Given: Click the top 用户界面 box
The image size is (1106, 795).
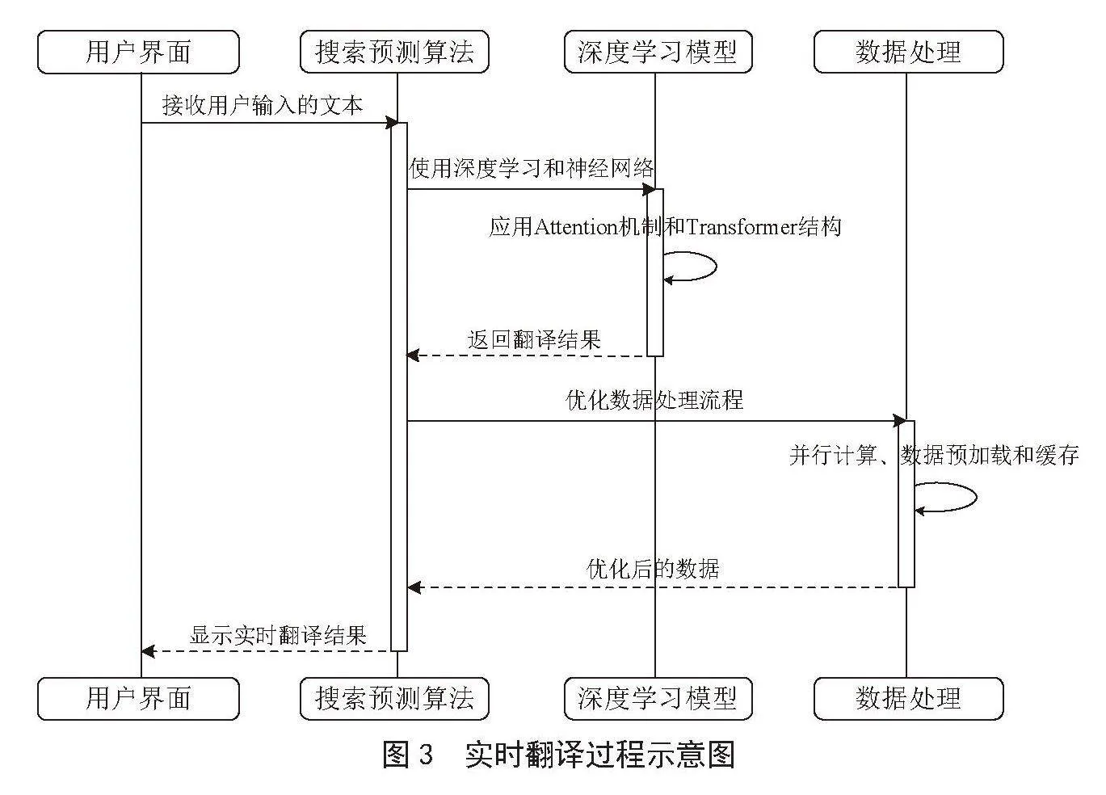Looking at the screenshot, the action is (x=138, y=52).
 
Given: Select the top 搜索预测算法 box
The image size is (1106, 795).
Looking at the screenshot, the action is (x=394, y=52).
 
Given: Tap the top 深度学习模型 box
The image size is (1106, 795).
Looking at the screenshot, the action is (x=658, y=52).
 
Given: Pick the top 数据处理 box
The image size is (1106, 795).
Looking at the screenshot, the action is (x=909, y=52).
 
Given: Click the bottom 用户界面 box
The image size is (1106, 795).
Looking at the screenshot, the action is (x=138, y=699).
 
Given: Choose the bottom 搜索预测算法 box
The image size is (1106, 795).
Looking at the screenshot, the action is (x=394, y=699).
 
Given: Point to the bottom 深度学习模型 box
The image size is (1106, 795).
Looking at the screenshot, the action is (x=658, y=699).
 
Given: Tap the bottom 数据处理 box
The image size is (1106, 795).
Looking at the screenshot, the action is (x=909, y=699).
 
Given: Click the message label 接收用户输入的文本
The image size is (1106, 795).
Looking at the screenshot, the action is (x=263, y=105).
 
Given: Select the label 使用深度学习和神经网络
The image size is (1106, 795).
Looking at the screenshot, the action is (x=532, y=168).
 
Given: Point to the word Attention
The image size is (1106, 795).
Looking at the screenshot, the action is (x=576, y=227).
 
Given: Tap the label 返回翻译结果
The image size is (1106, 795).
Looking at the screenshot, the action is (x=534, y=339).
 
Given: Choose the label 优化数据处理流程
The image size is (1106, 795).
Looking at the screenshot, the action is (x=654, y=400).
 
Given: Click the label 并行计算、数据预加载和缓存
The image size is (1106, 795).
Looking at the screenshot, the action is (x=934, y=455).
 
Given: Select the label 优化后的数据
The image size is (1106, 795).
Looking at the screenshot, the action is (x=653, y=569).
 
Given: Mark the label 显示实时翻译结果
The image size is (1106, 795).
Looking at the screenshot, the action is (x=278, y=635).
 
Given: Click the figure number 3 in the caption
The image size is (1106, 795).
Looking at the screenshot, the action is (x=426, y=755).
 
